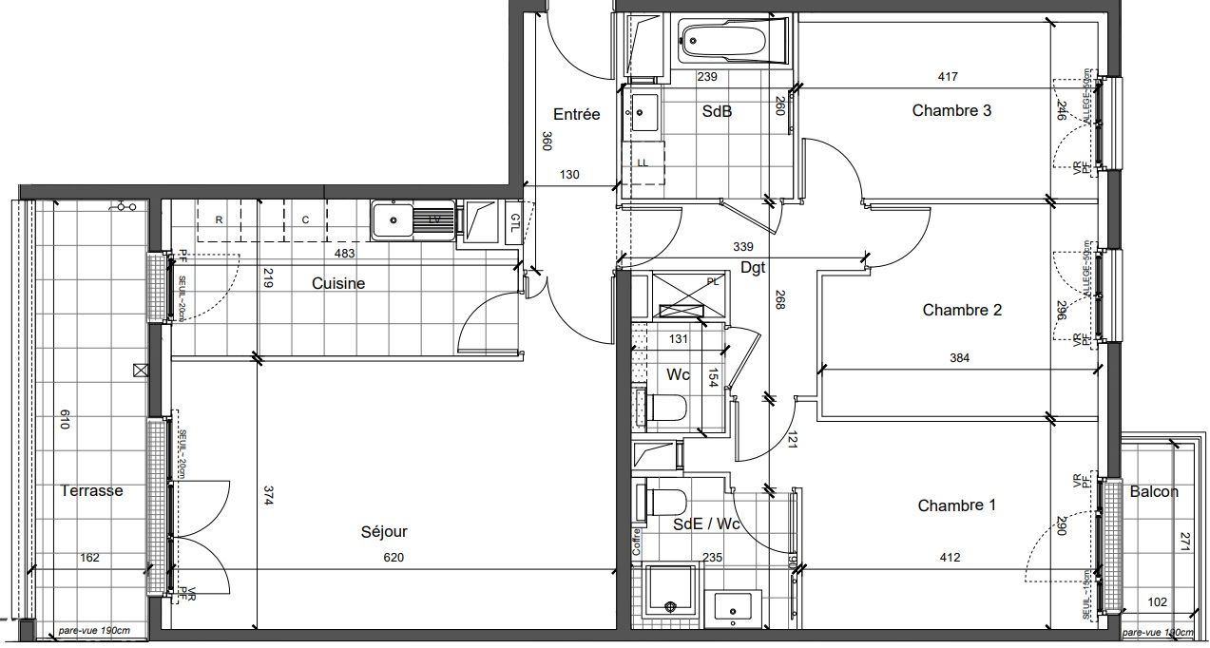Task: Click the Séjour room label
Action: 384,532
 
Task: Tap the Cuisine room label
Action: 338,283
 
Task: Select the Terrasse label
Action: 92,491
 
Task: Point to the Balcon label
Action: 1154,492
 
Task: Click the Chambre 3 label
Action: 951,110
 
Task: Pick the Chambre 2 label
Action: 962,310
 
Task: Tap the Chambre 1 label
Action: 956,505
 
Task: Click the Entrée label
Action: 577,114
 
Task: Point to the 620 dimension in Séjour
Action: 394,558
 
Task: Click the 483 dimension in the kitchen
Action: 345,254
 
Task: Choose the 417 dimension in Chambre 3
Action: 947,77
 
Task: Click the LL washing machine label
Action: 643,162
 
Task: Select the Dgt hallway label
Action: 754,269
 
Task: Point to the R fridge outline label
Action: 220,219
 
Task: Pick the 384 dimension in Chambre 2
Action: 961,358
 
